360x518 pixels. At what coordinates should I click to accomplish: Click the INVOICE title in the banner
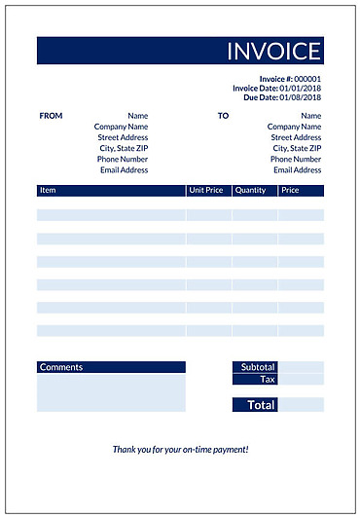click(273, 51)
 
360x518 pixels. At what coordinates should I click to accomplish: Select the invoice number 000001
click(307, 79)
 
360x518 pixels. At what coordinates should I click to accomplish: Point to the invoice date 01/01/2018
click(301, 89)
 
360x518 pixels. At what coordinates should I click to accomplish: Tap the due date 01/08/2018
click(301, 97)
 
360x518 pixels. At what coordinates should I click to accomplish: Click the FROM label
click(51, 116)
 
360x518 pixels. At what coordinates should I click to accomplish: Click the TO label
click(223, 116)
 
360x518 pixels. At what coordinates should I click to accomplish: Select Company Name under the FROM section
click(121, 127)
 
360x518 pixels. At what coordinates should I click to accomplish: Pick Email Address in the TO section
click(297, 170)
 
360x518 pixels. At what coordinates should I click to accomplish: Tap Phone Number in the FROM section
click(123, 159)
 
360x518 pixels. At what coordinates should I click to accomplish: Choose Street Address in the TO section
click(296, 137)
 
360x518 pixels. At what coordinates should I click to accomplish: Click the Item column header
click(49, 191)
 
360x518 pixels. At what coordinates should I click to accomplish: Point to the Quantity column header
click(250, 191)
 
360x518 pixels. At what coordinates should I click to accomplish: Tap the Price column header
click(290, 191)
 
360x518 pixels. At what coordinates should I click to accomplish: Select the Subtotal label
click(258, 367)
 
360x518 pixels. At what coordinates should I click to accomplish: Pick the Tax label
click(268, 379)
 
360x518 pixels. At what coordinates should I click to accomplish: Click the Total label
click(261, 404)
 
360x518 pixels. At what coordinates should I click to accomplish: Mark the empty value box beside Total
click(301, 404)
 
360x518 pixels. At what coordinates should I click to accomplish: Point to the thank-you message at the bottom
click(180, 449)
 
